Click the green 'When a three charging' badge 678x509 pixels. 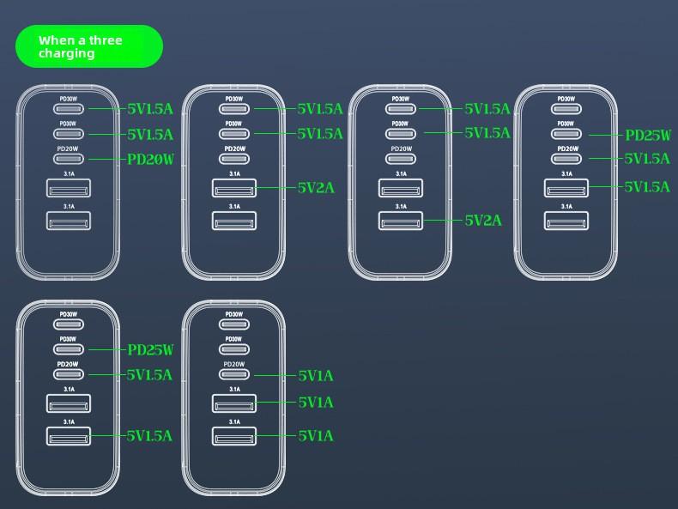89,46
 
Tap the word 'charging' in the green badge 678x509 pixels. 66,53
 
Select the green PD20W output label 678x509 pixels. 150,159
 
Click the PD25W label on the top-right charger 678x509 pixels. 648,135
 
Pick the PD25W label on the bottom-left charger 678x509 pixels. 150,349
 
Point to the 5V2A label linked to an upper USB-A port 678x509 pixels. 316,187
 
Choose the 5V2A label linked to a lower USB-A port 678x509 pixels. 483,221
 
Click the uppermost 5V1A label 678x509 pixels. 316,375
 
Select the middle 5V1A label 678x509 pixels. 316,402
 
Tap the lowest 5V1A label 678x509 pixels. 316,435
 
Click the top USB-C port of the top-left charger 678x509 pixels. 68,109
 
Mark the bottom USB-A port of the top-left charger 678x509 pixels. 68,221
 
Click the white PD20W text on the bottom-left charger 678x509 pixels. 68,364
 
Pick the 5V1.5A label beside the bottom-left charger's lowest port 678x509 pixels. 149,435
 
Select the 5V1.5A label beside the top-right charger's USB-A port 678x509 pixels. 647,186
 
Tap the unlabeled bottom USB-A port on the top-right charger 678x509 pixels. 566,221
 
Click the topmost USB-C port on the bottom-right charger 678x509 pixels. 233,324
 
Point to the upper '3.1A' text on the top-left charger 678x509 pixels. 68,174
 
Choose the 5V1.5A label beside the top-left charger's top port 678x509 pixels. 150,109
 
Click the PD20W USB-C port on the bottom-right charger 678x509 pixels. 233,375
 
